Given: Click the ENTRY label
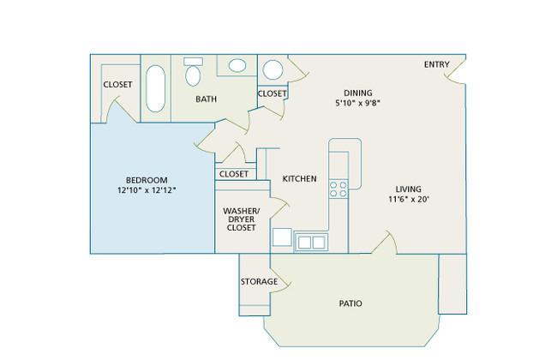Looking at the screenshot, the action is point(436,64).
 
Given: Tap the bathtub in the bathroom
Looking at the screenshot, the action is point(156,88).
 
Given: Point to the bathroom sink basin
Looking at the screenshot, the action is point(237,65).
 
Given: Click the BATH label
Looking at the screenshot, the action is point(206,99).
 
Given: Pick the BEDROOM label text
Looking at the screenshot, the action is point(147,180).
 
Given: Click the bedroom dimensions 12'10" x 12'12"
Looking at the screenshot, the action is point(147,190).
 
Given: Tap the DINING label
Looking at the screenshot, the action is point(358,93).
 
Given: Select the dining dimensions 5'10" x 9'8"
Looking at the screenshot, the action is point(358,103).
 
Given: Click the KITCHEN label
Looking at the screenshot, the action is point(299,178).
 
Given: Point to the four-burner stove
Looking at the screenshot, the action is point(338,189).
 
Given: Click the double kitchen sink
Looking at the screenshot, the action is point(311,243).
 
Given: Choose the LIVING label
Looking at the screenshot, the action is point(409,189).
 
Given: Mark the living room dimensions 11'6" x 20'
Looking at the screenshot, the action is point(409,199).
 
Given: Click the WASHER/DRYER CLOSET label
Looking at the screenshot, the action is point(241,219).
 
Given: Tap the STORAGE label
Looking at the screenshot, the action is point(259,281).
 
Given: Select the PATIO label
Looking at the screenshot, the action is point(350,303).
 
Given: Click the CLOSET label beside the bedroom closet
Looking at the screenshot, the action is point(117,85).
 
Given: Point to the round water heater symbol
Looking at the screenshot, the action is point(273,69).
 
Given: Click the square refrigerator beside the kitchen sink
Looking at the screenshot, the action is point(282,237).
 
